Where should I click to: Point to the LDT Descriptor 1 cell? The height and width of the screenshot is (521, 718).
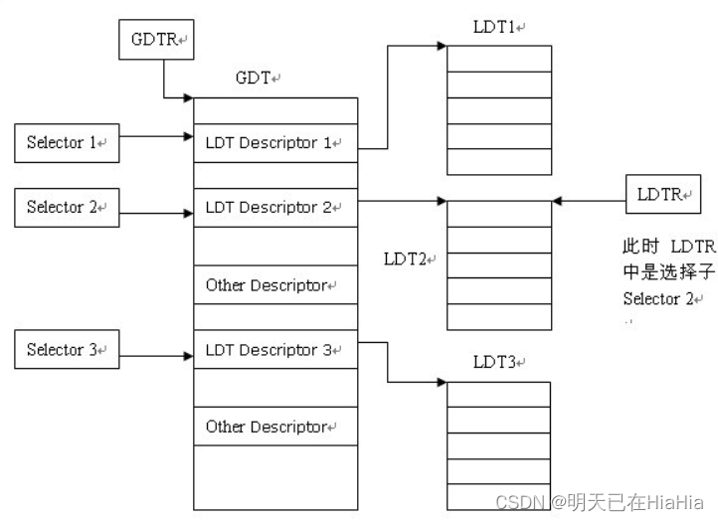point(273,143)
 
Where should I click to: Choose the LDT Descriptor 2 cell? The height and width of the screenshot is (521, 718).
point(273,208)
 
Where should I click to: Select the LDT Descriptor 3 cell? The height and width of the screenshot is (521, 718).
point(273,350)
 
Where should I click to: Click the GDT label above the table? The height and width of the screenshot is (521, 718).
point(256,78)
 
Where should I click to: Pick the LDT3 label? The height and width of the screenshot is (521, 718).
point(496,364)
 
